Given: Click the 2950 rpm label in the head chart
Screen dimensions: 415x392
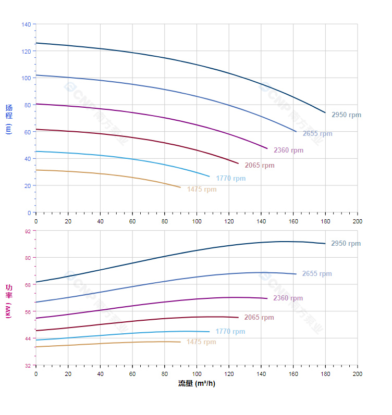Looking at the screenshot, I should pyautogui.click(x=346, y=115).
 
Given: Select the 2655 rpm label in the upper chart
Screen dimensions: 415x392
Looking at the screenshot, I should pyautogui.click(x=317, y=134).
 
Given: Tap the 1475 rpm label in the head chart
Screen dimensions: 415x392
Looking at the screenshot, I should pyautogui.click(x=202, y=190).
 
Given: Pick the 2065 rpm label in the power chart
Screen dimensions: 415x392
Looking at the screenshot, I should pyautogui.click(x=259, y=318).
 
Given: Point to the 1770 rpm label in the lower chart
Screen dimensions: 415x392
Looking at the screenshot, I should pyautogui.click(x=230, y=332).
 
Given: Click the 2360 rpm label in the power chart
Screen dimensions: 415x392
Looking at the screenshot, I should pyautogui.click(x=288, y=298).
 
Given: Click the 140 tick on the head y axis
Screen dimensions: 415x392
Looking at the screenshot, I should pyautogui.click(x=26, y=24).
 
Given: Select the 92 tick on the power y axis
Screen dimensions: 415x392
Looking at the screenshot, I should pyautogui.click(x=28, y=231).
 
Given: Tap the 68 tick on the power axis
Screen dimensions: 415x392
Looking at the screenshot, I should pyautogui.click(x=28, y=285).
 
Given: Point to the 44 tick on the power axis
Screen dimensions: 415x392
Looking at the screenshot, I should pyautogui.click(x=28, y=338).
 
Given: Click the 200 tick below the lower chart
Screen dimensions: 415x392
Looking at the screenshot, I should pyautogui.click(x=358, y=374).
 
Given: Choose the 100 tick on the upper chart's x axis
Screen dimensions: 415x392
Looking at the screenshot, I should pyautogui.click(x=197, y=221).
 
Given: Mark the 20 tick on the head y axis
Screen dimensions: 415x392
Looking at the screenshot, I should pyautogui.click(x=28, y=185).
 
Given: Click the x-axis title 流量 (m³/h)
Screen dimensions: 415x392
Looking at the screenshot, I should pyautogui.click(x=197, y=384).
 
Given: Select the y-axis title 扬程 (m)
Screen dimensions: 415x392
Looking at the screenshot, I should pyautogui.click(x=9, y=119).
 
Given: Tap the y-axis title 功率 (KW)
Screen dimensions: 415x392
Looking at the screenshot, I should pyautogui.click(x=9, y=301).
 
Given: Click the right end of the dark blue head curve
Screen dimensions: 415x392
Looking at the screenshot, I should pyautogui.click(x=325, y=112).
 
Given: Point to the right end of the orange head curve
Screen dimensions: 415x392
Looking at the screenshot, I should pyautogui.click(x=180, y=187).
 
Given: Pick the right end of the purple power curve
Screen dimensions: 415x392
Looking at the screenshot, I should pyautogui.click(x=267, y=298).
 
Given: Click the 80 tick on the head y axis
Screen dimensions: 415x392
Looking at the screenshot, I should pyautogui.click(x=28, y=105).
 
